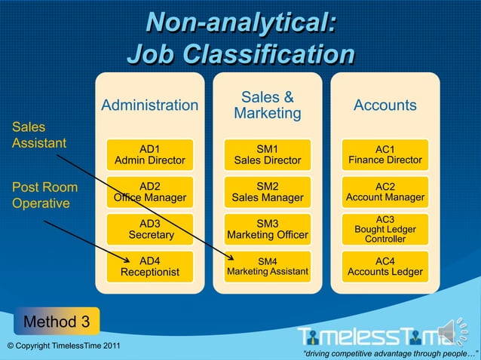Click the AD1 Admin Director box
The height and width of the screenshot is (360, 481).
pyautogui.click(x=149, y=154)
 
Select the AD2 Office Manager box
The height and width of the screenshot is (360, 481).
pyautogui.click(x=149, y=192)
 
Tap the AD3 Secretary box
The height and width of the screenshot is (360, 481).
pyautogui.click(x=149, y=229)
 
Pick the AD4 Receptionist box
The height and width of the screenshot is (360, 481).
pyautogui.click(x=149, y=266)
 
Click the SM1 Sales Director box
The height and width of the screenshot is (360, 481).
pyautogui.click(x=268, y=154)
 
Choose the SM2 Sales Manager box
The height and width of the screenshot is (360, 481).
pyautogui.click(x=268, y=192)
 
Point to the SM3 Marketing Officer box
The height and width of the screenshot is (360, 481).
pyautogui.click(x=268, y=229)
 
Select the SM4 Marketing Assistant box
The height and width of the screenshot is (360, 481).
pyautogui.click(x=268, y=266)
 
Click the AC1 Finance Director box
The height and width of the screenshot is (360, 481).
pyautogui.click(x=385, y=154)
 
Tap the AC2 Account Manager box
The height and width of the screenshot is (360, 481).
pyautogui.click(x=385, y=192)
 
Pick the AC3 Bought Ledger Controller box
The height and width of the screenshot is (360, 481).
pyautogui.click(x=385, y=229)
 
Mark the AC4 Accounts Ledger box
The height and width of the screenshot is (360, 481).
pyautogui.click(x=385, y=266)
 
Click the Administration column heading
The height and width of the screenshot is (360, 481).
pyautogui.click(x=149, y=105)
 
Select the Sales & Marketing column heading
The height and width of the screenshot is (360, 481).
pyautogui.click(x=268, y=105)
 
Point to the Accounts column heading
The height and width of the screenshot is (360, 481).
pyautogui.click(x=385, y=105)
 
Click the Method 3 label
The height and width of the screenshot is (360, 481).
pyautogui.click(x=57, y=322)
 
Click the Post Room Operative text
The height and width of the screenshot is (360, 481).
pyautogui.click(x=44, y=194)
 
